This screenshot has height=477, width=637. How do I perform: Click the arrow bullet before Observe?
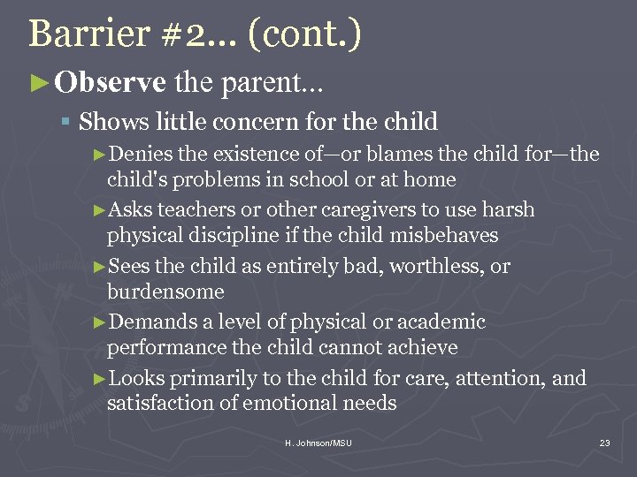(x=40, y=83)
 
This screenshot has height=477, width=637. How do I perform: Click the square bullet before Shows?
(x=67, y=121)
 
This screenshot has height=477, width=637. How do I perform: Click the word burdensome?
(x=165, y=291)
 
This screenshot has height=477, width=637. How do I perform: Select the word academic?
(x=440, y=322)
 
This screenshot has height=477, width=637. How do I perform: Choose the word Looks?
(x=137, y=378)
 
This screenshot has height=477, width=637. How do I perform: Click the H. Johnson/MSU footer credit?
(x=318, y=443)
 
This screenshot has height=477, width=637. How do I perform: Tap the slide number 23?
(x=605, y=443)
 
